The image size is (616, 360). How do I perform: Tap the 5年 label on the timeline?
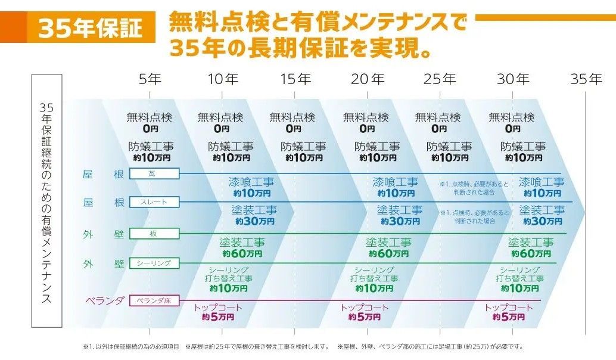click(x=150, y=79)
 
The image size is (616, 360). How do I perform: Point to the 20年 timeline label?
click(x=368, y=79)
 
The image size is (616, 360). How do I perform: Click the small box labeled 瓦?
click(x=154, y=173)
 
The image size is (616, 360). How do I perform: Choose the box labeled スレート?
click(x=154, y=202)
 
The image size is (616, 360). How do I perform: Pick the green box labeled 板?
click(x=154, y=234)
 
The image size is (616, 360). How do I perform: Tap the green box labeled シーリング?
click(x=154, y=263)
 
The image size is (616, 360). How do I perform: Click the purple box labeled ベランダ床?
click(x=154, y=300)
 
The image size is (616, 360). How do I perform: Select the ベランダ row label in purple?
click(x=104, y=300)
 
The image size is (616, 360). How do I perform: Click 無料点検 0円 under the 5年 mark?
click(x=149, y=122)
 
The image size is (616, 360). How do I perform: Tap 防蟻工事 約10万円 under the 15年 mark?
click(x=304, y=152)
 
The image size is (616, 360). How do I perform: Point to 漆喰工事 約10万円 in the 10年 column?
click(x=251, y=187)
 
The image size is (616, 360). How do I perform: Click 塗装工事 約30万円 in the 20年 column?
click(x=399, y=215)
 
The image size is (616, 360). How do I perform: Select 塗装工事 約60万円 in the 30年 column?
click(x=530, y=248)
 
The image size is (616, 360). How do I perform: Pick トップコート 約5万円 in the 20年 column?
click(x=365, y=312)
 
